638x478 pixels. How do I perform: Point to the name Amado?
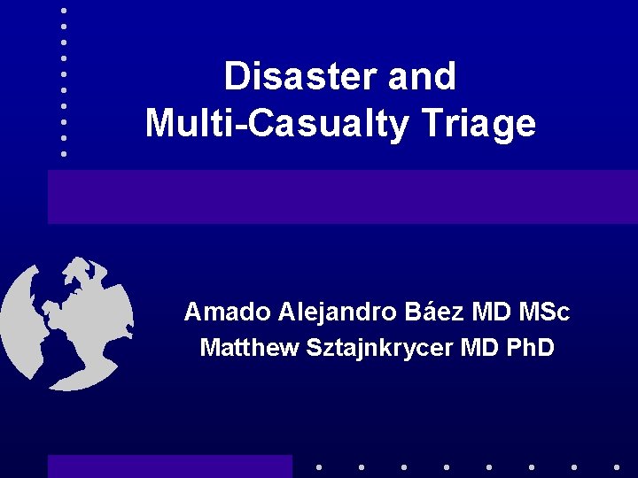227,312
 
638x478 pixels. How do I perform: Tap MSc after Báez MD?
544,312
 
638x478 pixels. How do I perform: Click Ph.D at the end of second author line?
529,348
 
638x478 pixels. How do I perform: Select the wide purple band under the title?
342,197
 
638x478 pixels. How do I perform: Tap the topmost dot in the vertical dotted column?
64,10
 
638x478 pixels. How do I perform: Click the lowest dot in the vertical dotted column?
64,153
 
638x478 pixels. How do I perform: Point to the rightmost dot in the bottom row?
617,466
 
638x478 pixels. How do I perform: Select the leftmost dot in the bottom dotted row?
318,466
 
